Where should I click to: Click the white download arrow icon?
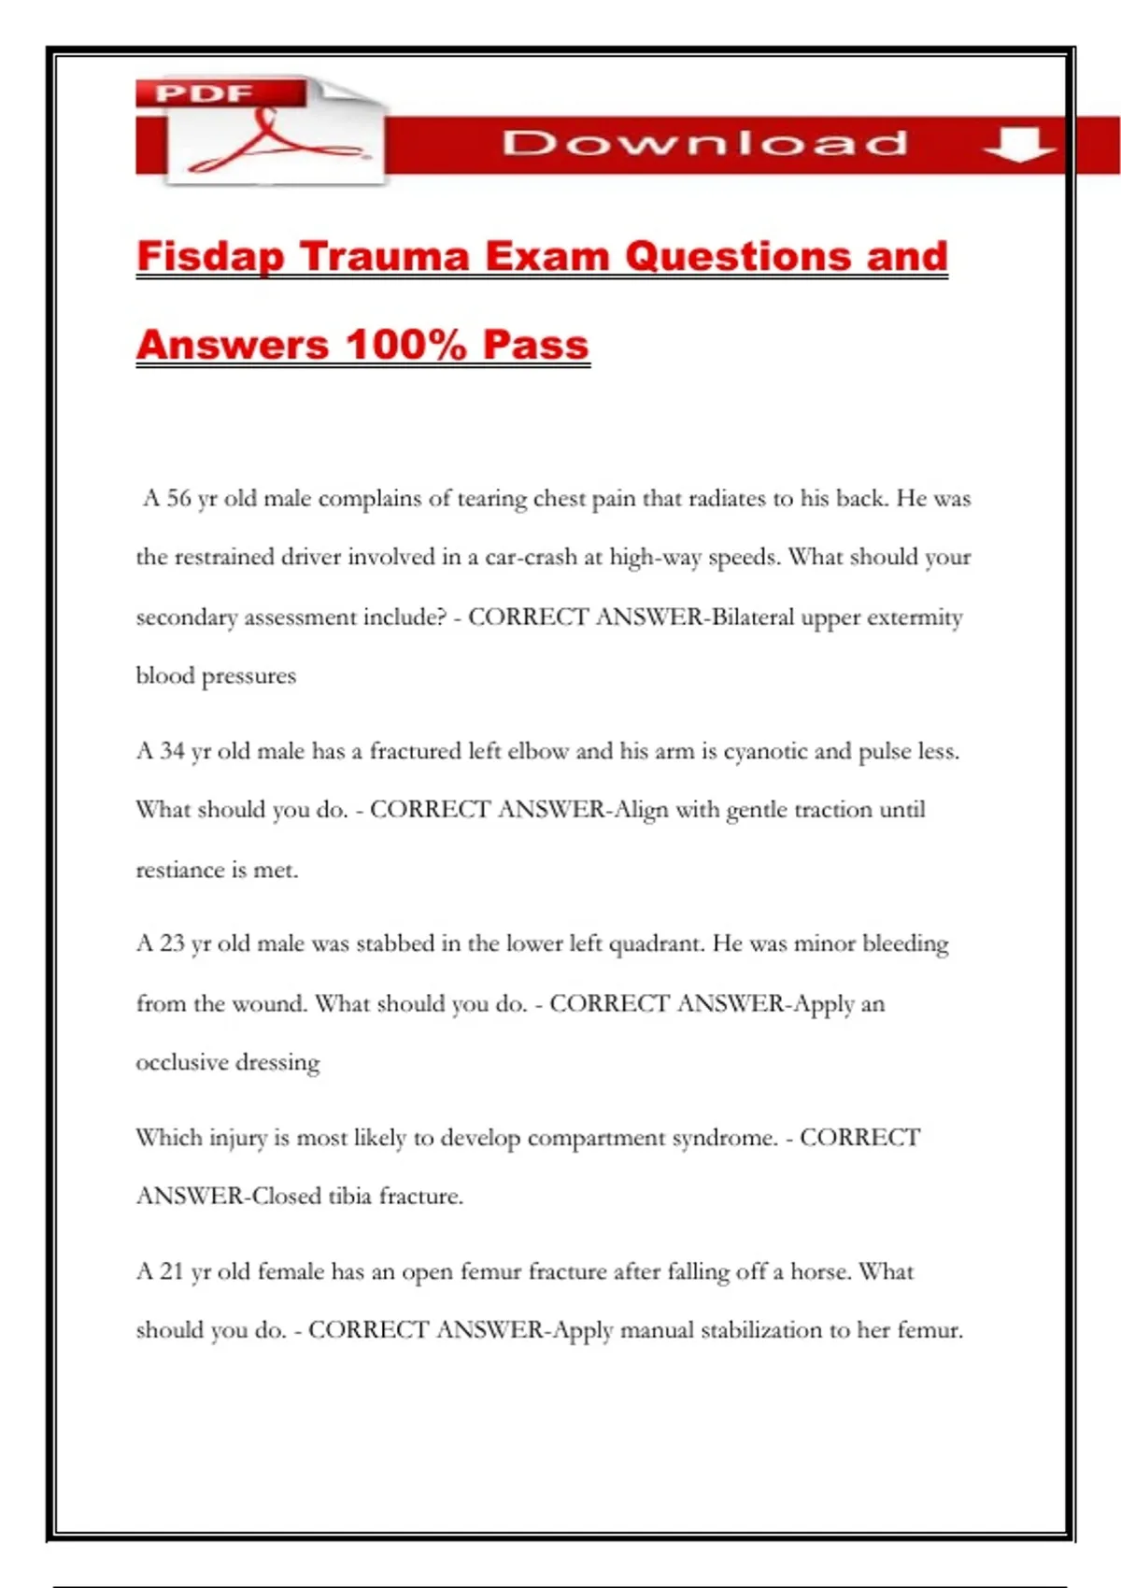coord(1019,145)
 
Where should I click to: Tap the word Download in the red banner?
coord(705,144)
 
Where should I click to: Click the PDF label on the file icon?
coord(205,93)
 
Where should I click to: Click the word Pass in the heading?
coord(536,345)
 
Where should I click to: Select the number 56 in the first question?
coord(178,499)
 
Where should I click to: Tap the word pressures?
coord(248,676)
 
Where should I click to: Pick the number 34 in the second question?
coord(172,751)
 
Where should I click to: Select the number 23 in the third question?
coord(172,943)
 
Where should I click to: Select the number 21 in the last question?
coord(172,1271)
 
